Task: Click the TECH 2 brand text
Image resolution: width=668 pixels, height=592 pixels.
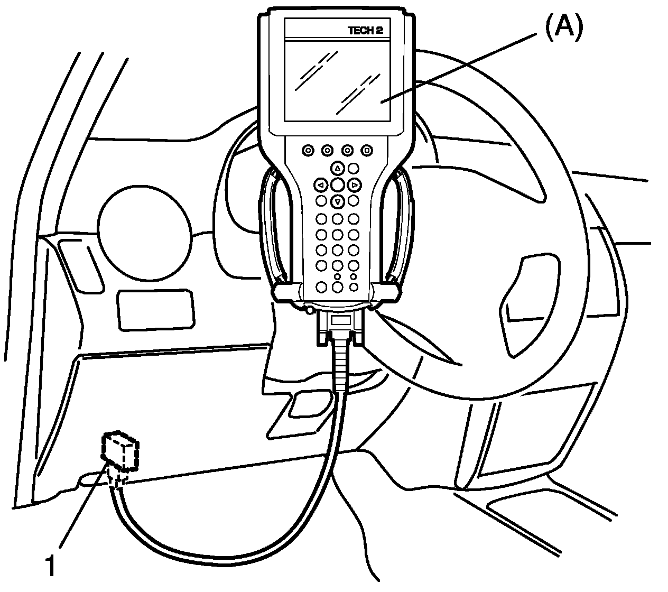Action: pos(365,31)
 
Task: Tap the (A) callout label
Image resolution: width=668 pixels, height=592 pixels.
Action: pos(563,27)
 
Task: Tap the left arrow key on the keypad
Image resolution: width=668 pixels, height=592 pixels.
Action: pos(320,185)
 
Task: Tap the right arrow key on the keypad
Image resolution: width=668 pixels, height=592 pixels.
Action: pos(355,185)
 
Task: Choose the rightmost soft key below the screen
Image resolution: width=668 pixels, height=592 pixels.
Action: pos(367,151)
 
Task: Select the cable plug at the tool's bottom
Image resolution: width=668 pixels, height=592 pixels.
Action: pos(340,327)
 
